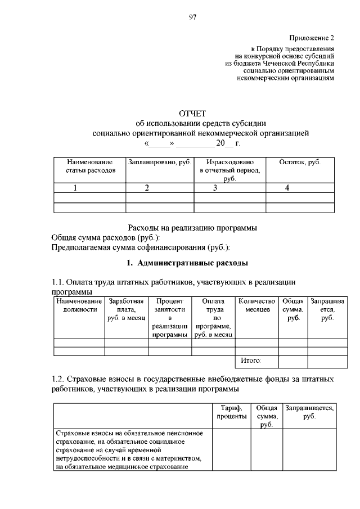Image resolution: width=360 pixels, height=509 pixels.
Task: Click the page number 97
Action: click(192, 18)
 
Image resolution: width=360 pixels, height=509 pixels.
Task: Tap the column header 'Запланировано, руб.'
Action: click(160, 162)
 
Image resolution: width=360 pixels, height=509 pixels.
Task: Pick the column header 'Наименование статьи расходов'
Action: click(90, 165)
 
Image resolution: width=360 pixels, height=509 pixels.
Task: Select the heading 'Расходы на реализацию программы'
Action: click(193, 228)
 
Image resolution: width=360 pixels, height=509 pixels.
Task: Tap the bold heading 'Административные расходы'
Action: click(195, 263)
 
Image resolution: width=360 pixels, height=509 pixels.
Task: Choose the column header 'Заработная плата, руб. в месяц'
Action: click(127, 309)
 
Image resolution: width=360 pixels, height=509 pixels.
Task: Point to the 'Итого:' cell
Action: click(251, 360)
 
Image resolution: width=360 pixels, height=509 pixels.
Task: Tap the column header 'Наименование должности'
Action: click(79, 305)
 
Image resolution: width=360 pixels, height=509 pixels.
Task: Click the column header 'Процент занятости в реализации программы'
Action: click(170, 318)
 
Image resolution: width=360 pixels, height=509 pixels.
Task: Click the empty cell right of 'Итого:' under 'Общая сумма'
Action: click(293, 361)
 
